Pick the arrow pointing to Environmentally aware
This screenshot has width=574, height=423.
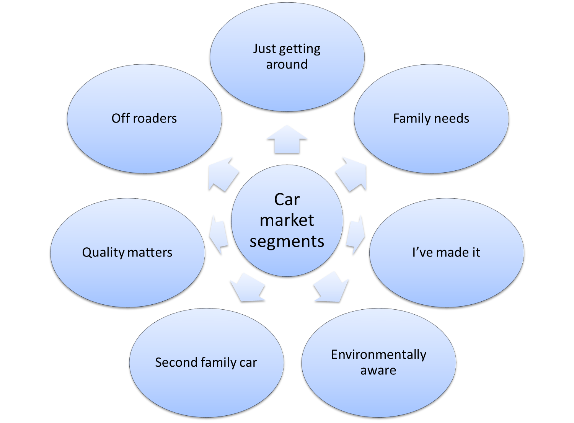(331, 287)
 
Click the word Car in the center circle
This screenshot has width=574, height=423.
(287, 199)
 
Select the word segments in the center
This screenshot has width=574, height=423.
(287, 242)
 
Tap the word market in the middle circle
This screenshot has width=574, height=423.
(287, 220)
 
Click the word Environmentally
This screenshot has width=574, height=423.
(378, 355)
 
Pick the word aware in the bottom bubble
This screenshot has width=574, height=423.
(378, 371)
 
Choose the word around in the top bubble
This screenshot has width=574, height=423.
(287, 64)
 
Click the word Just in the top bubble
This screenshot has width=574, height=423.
(264, 49)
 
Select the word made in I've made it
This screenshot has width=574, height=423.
(447, 252)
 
